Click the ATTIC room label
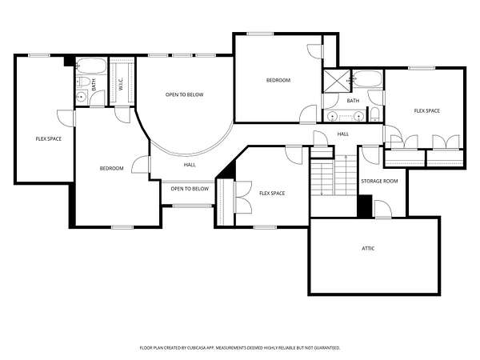click(368, 248)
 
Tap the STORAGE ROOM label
click(379, 182)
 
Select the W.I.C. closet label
click(121, 84)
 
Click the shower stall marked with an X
click(337, 81)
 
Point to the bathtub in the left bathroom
click(91, 66)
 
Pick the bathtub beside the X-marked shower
click(368, 78)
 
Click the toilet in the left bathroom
click(83, 82)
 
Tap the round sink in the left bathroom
click(81, 97)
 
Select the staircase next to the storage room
click(334, 175)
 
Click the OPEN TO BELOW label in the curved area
click(184, 94)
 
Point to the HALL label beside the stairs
click(343, 134)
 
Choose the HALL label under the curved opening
click(190, 165)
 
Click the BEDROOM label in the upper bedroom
click(278, 80)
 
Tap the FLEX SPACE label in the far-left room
click(49, 139)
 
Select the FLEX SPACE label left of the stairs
click(272, 193)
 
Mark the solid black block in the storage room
click(365, 206)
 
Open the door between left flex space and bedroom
click(66, 118)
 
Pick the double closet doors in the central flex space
click(243, 198)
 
